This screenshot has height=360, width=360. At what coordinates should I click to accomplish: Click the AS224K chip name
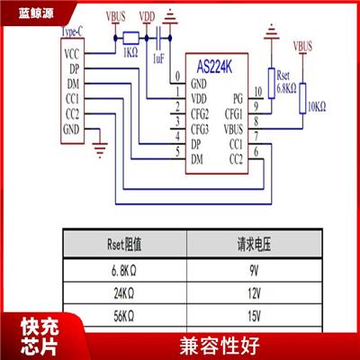pyautogui.click(x=214, y=67)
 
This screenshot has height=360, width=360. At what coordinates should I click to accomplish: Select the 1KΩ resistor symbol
pyautogui.click(x=130, y=38)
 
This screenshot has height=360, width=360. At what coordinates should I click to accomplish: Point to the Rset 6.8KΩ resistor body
pyautogui.click(x=272, y=84)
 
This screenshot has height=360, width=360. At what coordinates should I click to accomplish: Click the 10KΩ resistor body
pyautogui.click(x=302, y=98)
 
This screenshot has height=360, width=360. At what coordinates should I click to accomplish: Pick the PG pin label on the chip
pyautogui.click(x=238, y=98)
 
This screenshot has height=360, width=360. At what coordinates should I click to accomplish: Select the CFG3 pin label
pyautogui.click(x=200, y=130)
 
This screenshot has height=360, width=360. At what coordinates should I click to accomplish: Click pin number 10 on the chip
pyautogui.click(x=257, y=92)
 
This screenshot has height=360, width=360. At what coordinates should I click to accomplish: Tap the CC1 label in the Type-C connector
pyautogui.click(x=72, y=99)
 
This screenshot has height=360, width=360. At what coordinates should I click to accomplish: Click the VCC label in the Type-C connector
pyautogui.click(x=72, y=54)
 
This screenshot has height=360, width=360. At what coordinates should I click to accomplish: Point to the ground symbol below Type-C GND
pyautogui.click(x=100, y=150)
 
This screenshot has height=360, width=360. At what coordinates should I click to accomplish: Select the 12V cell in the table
pyautogui.click(x=254, y=293)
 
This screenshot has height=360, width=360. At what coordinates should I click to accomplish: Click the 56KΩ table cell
pyautogui.click(x=124, y=316)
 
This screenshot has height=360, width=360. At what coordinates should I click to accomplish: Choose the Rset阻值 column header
pyautogui.click(x=124, y=244)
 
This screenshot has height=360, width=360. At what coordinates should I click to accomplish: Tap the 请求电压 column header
pyautogui.click(x=254, y=244)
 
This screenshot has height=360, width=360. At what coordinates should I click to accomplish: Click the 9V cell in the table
pyautogui.click(x=254, y=271)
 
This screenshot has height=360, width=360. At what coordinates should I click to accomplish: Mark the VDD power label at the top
pyautogui.click(x=147, y=17)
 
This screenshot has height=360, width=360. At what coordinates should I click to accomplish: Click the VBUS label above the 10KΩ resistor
pyautogui.click(x=302, y=46)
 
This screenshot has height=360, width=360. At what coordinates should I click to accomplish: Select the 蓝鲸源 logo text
pyautogui.click(x=36, y=13)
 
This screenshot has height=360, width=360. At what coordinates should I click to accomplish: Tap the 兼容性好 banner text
pyautogui.click(x=220, y=346)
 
